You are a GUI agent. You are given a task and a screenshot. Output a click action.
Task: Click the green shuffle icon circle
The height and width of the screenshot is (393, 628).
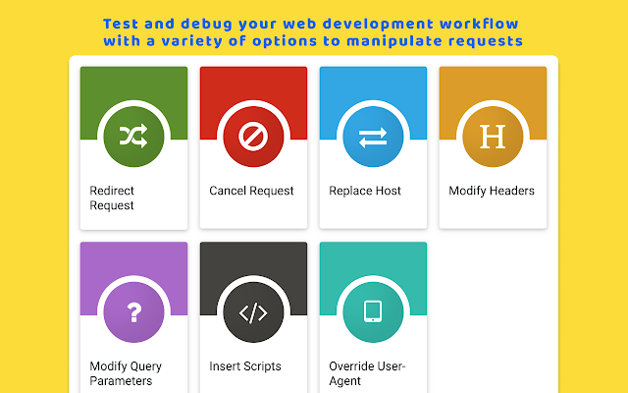133,137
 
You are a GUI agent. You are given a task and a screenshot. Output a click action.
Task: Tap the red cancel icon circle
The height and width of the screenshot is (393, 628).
253,137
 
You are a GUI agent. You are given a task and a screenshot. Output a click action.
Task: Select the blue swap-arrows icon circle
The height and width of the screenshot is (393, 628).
373,137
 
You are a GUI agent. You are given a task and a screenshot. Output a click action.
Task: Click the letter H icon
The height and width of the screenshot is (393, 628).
493,137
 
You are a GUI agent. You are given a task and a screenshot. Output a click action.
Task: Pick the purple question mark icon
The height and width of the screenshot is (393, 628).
134,312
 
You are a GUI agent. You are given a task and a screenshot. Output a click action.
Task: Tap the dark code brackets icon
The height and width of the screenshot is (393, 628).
253,312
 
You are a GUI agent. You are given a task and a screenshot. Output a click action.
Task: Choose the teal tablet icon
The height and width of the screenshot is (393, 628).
373,311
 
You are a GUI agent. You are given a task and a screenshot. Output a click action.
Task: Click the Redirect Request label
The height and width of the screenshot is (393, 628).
112,197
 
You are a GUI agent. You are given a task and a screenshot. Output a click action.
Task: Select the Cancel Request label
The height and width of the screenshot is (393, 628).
251,191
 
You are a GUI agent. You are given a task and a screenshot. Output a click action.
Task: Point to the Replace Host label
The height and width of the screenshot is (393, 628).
365,191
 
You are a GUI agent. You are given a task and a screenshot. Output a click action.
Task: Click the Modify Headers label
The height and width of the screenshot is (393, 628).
492,191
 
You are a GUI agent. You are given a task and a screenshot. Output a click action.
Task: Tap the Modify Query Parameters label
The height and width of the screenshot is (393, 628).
126,373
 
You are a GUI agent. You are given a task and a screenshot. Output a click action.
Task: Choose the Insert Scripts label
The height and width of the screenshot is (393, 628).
245,366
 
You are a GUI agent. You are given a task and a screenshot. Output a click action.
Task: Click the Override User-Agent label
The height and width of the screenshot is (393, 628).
367,373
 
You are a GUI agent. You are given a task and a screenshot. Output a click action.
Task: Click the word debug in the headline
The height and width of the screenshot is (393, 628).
206,25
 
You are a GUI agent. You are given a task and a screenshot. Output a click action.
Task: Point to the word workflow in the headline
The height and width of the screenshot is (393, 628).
479,24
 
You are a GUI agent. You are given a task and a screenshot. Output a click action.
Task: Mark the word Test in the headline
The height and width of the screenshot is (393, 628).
121,24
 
